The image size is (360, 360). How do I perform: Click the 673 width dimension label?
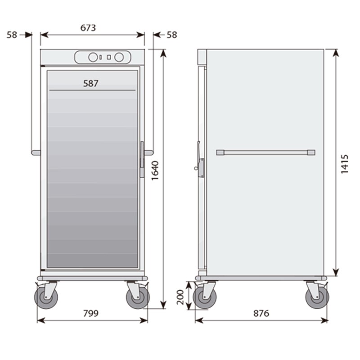[x=88, y=28]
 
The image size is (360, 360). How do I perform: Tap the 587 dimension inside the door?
[x=91, y=83]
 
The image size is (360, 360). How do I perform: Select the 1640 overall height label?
[x=155, y=171]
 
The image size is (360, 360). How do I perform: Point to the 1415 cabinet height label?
[x=344, y=164]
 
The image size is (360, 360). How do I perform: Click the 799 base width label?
[x=91, y=313]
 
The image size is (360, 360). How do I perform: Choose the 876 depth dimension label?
[x=261, y=313]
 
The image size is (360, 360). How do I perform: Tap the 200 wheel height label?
[x=180, y=297]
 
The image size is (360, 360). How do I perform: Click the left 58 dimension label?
[x=12, y=35]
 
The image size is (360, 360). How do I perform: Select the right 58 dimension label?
[x=172, y=35]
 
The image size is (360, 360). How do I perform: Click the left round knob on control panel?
[x=93, y=57]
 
